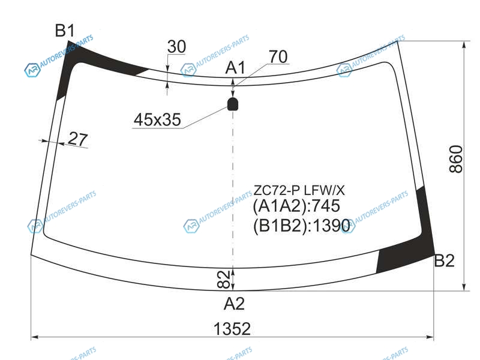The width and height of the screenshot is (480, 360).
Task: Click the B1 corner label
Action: tap(65, 31)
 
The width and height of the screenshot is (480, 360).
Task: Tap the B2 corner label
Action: tap(445, 261)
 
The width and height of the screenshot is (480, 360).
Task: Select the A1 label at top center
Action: tap(235, 68)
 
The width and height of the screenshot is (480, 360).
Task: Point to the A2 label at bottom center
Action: tap(234, 304)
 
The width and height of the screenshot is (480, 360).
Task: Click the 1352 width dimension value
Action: tap(232, 329)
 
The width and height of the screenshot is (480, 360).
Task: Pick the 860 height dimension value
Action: tap(456, 159)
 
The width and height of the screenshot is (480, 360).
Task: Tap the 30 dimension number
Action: tap(176, 47)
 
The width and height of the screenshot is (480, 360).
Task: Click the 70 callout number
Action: tap(278, 56)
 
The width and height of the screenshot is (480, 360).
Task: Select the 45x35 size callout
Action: tap(157, 119)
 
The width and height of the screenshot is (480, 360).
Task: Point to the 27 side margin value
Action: tap(78, 139)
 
